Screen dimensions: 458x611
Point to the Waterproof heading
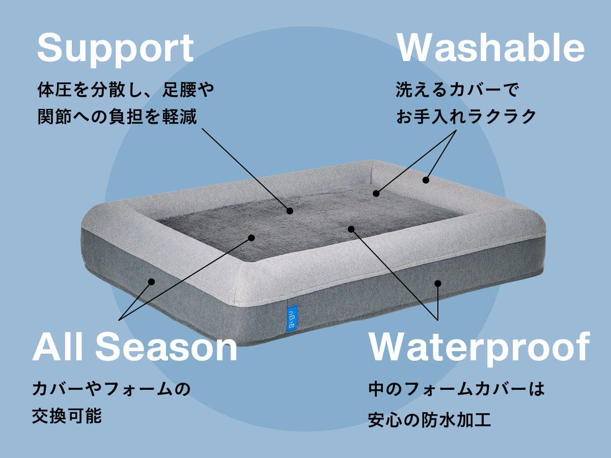pos(479,348)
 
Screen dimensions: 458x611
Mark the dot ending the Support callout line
pos(290,210)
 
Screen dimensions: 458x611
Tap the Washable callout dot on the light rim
pos(426,180)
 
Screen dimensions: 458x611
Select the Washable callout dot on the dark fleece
pos(376,193)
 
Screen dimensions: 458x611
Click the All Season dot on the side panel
pos(151,281)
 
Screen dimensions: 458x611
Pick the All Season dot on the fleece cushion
pos(252,237)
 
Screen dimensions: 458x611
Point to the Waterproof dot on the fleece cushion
pos(351,229)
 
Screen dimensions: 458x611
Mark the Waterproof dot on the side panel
pos(438,283)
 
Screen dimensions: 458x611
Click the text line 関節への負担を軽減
pos(117,117)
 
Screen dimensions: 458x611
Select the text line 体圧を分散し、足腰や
pos(126,91)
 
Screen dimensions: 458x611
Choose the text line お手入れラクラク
pos(466,117)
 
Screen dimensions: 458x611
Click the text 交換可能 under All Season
pos(67,416)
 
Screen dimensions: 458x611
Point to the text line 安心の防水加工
pos(429,420)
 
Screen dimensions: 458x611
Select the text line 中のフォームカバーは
pos(457,390)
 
